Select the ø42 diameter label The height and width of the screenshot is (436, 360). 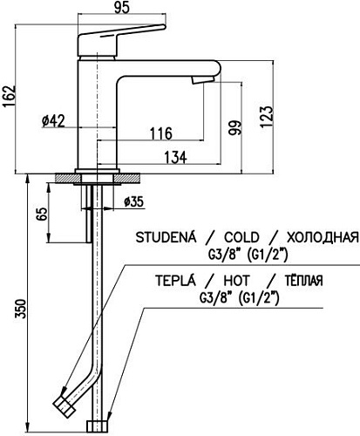coord(53,121)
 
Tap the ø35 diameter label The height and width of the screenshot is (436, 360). coord(132,202)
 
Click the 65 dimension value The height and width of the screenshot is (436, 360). coord(40,215)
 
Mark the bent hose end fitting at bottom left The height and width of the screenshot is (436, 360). coord(64,405)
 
